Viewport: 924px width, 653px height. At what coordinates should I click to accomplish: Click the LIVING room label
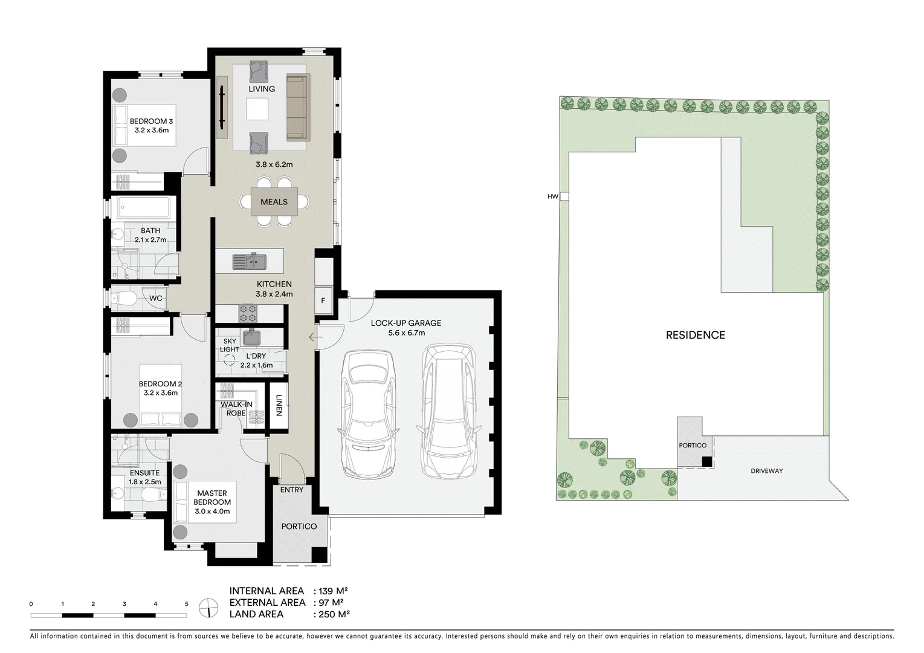click(262, 89)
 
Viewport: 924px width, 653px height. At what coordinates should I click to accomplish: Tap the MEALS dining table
click(274, 202)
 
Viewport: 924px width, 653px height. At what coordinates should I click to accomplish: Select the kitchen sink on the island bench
click(250, 261)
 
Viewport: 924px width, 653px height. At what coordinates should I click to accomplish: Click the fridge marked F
click(323, 301)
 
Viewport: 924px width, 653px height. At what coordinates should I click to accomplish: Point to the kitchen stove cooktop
click(247, 313)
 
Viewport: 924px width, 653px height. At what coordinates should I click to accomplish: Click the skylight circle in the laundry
click(229, 360)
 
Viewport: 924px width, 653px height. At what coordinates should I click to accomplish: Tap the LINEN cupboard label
click(279, 405)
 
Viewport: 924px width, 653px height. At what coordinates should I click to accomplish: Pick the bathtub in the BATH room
click(143, 209)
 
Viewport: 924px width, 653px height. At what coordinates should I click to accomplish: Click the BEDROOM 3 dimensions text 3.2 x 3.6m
click(151, 130)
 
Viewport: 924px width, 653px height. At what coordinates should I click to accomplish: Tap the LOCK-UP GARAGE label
click(405, 323)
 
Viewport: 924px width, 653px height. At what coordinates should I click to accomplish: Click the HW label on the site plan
click(552, 197)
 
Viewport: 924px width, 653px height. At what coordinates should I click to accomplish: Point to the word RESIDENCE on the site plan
click(695, 335)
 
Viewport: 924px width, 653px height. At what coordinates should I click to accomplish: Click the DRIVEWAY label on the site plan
click(766, 471)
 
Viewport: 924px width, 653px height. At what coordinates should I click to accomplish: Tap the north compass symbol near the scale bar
click(208, 607)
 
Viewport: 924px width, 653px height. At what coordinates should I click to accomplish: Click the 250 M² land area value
click(332, 614)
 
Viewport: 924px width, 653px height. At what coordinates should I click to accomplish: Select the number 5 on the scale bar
click(186, 604)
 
